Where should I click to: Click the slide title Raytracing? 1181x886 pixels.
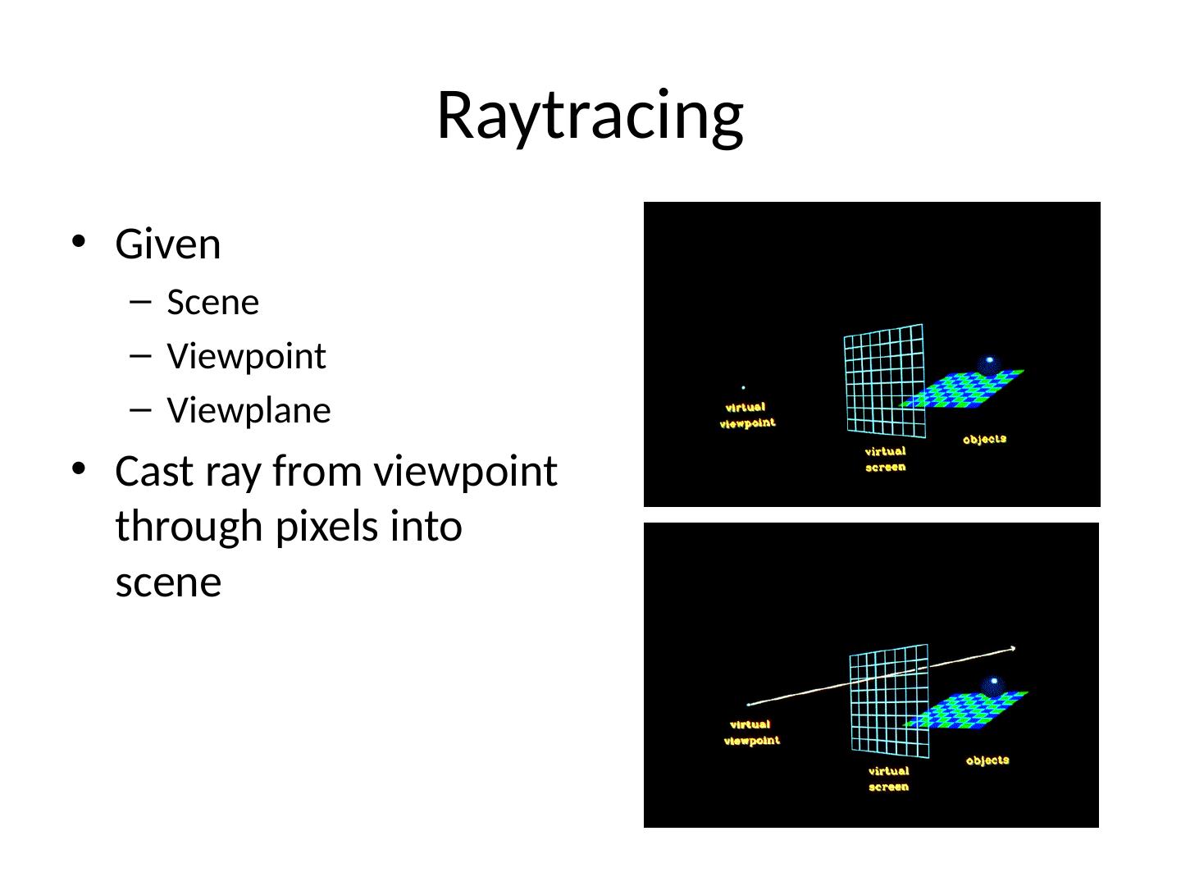[590, 115]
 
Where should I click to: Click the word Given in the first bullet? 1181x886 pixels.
[168, 244]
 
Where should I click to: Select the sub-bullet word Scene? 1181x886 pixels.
[212, 303]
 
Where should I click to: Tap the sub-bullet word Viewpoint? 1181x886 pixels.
[246, 357]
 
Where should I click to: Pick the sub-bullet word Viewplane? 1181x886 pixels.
[249, 410]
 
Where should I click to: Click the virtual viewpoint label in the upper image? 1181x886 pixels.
[746, 415]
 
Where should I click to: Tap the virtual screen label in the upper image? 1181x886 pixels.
[885, 459]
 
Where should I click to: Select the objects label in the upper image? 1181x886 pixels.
[984, 440]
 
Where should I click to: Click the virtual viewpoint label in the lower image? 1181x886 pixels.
[751, 732]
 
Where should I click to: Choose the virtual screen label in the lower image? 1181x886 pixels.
[888, 779]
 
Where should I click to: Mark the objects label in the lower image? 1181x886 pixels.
[987, 760]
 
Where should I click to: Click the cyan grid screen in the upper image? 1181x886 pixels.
[884, 380]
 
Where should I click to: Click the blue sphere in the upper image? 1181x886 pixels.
[989, 364]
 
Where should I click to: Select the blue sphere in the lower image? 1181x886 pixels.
[993, 685]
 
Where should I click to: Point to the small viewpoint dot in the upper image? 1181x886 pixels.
[743, 387]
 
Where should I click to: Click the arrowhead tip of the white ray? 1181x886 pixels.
[1014, 649]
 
